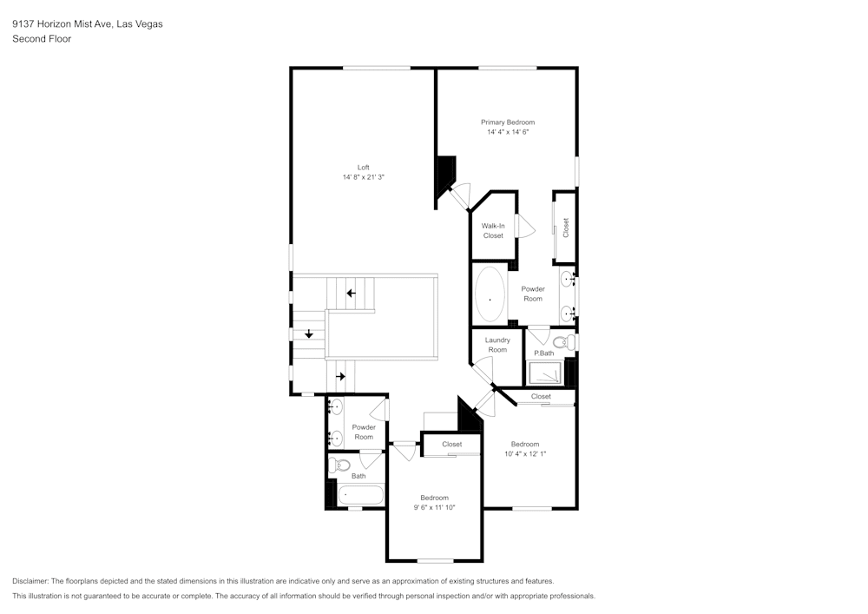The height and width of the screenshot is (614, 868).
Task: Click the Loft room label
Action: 363,167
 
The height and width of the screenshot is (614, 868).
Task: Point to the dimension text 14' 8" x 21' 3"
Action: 363,177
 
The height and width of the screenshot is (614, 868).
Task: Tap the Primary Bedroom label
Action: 508,122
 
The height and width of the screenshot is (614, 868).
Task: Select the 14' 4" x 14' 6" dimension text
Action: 508,133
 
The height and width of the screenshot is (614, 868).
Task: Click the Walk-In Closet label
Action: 493,230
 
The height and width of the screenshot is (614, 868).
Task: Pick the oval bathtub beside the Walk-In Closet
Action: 490,295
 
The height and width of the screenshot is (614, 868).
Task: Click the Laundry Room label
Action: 497,345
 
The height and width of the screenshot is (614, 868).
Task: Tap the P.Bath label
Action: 543,353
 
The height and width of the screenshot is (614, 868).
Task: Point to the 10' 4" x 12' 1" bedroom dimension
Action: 525,453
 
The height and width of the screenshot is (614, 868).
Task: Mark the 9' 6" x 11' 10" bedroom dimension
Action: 434,507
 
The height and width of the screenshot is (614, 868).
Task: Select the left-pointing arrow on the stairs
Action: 352,294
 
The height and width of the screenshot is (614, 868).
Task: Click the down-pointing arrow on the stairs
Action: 308,333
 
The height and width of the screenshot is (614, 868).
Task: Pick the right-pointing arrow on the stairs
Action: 341,376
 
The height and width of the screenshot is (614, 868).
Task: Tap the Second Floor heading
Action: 42,39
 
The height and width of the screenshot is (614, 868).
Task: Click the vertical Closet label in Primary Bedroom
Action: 566,228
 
